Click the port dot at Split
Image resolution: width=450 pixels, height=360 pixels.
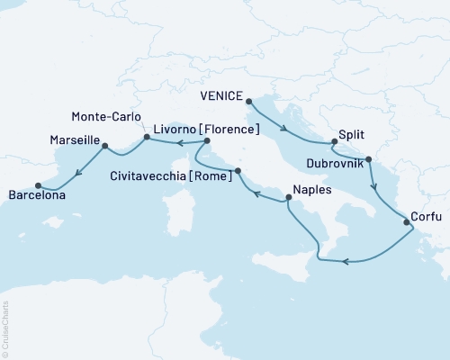pos(334,141)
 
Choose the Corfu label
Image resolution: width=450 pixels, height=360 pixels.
pos(426,216)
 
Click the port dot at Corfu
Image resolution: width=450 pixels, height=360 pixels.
pos(407,221)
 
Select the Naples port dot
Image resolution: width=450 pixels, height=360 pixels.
pos(287,201)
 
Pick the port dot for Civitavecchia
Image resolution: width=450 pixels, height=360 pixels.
pos(238,170)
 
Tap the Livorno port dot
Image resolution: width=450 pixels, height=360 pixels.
pos(207,141)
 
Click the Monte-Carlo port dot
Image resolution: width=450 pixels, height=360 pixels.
pos(145,138)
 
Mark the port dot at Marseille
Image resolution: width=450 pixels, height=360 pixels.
pos(105,144)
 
